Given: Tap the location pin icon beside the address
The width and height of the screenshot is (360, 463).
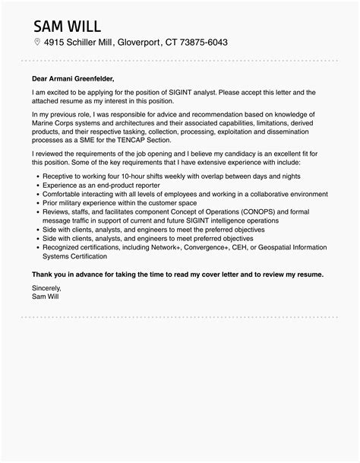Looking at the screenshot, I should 36,43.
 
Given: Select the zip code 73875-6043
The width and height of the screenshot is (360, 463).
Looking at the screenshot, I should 204,43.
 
